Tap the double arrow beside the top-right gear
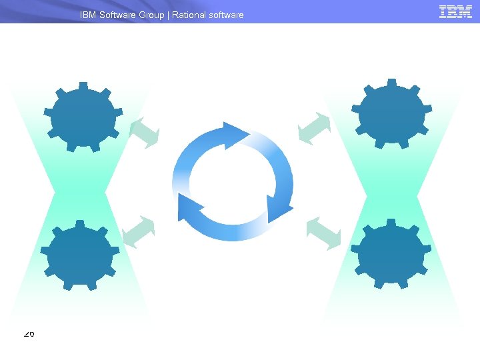click(x=315, y=128)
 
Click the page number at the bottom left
click(x=29, y=334)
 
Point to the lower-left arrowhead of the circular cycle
click(x=189, y=207)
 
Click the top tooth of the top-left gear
click(x=83, y=87)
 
